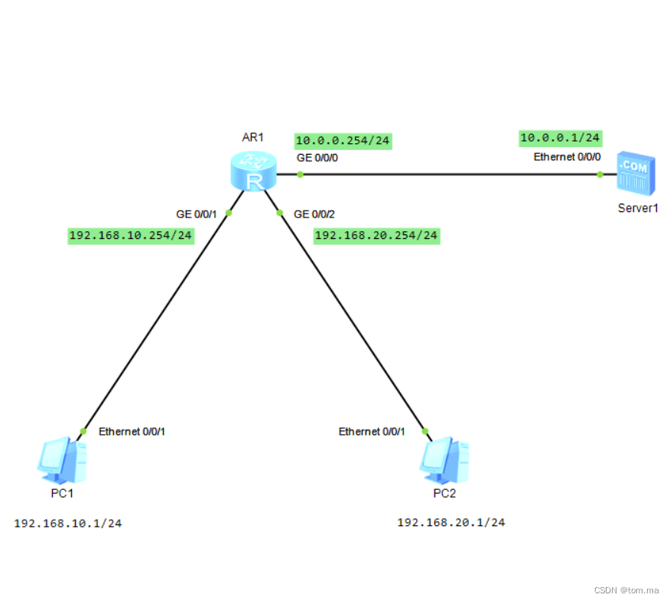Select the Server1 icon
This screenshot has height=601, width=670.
pyautogui.click(x=636, y=172)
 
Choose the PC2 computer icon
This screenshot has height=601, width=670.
pyautogui.click(x=444, y=458)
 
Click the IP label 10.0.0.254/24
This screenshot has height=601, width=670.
pyautogui.click(x=343, y=141)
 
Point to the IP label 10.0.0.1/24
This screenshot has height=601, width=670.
pyautogui.click(x=561, y=138)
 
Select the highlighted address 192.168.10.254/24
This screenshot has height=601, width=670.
pyautogui.click(x=130, y=235)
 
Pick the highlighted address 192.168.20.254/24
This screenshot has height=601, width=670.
pyautogui.click(x=376, y=235)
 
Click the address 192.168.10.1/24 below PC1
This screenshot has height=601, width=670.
pyautogui.click(x=68, y=524)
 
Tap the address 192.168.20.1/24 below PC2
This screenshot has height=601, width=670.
pyautogui.click(x=450, y=522)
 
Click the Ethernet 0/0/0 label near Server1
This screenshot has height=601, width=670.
pyautogui.click(x=568, y=157)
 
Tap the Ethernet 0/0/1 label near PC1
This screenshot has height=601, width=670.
pyautogui.click(x=132, y=432)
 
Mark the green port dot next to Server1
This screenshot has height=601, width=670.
pyautogui.click(x=600, y=175)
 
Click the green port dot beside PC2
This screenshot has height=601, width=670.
pyautogui.click(x=425, y=431)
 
